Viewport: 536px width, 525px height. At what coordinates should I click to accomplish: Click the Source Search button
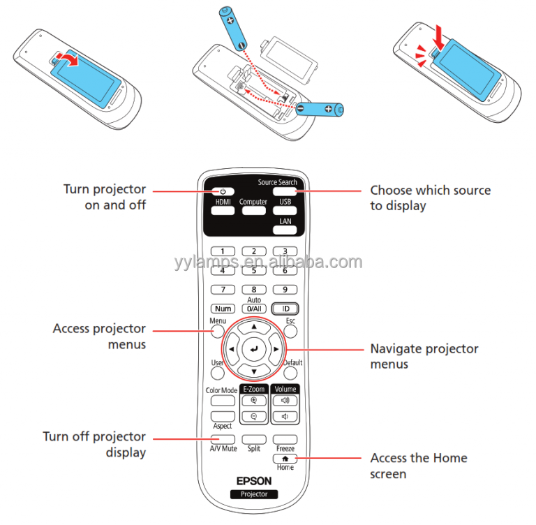tap(285, 191)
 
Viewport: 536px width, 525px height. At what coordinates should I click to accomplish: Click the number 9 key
tap(285, 289)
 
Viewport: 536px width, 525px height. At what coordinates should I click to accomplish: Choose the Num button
tap(223, 308)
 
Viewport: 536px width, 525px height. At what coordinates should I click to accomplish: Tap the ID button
tap(285, 308)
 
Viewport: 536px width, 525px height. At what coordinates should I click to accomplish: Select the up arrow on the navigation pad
tap(254, 326)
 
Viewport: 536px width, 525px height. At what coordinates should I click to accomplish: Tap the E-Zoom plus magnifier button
tap(254, 401)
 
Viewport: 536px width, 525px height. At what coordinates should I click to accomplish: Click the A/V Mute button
tap(223, 438)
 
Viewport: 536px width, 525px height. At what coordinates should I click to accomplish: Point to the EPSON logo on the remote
tap(254, 480)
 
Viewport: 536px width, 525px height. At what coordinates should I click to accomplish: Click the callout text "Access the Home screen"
tap(418, 466)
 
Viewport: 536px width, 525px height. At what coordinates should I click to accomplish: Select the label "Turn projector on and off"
tap(105, 197)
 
